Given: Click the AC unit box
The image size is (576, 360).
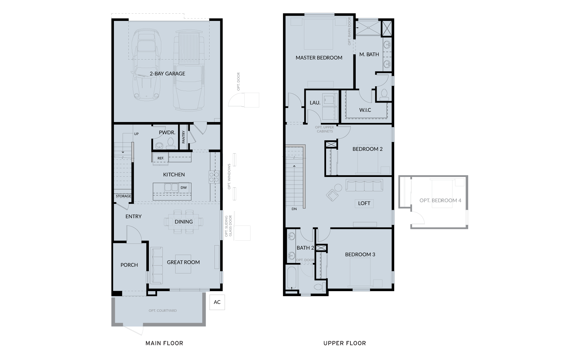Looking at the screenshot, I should tap(217, 302).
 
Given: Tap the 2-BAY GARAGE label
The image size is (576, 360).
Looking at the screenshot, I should tap(167, 74).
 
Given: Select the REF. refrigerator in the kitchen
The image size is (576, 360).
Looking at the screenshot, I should tap(161, 158).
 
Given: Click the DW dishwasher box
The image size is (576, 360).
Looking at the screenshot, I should tap(184, 187).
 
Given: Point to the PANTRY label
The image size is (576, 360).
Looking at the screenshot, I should tap(183, 137).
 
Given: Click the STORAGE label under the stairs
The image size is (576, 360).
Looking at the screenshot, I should tap(124, 196).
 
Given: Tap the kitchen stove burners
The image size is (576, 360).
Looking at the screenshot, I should tap(214, 177).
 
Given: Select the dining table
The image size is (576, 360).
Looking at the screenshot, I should tap(183, 222).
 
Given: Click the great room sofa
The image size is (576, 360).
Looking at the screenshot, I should tap(156, 266).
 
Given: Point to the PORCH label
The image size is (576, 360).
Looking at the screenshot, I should tap(129, 265).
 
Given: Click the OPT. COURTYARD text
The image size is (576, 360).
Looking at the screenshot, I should tap(163, 311).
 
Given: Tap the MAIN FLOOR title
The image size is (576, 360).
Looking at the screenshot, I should tap(164, 343).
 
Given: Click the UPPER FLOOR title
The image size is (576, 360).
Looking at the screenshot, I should tap(345, 343).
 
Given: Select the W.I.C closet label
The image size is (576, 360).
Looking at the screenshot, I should tap(365, 110).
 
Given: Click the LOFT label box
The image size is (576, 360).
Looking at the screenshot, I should tap(364, 203).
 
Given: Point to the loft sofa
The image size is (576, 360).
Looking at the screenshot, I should tap(364, 185).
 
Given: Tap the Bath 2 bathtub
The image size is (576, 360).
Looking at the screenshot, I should tap(291, 277).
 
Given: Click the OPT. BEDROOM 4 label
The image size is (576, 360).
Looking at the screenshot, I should tap(440, 200).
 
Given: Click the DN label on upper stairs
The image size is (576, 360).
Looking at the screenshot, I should tap(294, 209).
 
